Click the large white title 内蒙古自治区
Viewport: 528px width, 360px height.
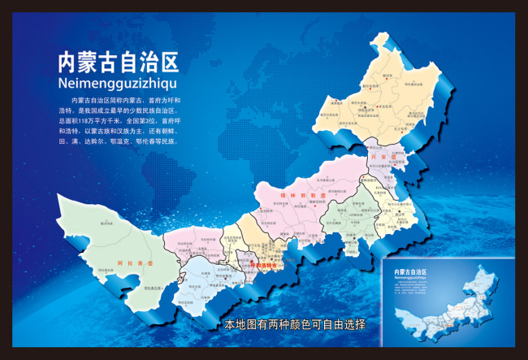tap(118, 62)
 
